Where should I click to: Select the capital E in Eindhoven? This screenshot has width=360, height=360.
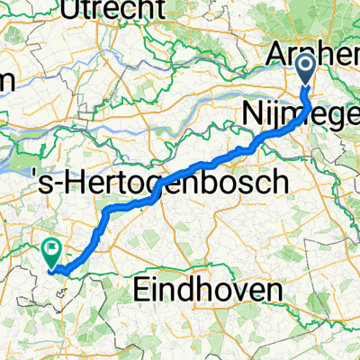[x=141, y=290]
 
